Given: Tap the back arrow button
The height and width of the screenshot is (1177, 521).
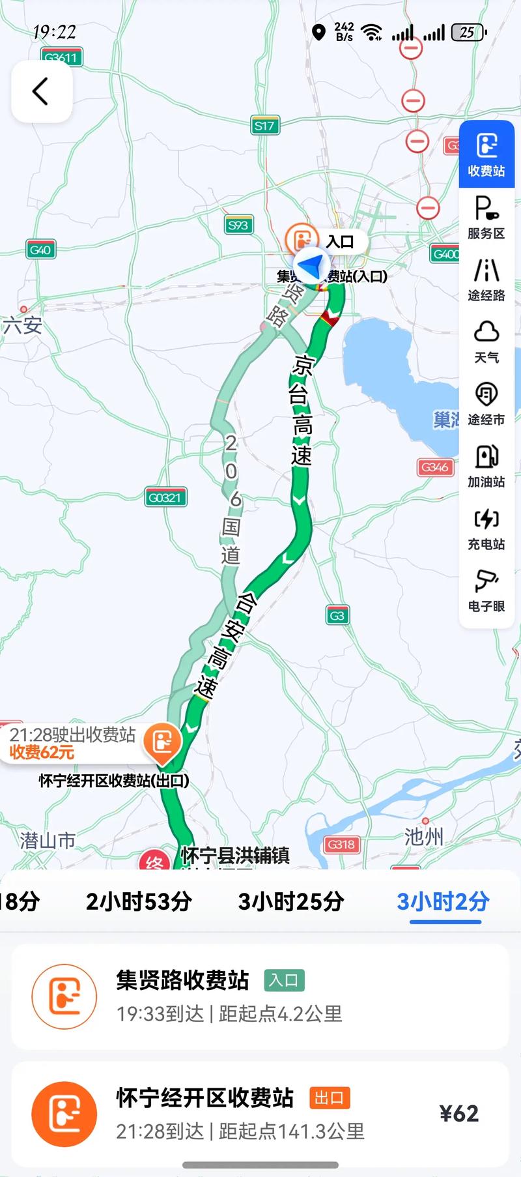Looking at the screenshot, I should click(x=41, y=91).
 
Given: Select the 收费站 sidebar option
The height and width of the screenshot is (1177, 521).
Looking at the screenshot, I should click(x=486, y=154).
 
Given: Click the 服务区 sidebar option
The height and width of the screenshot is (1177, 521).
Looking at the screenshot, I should click(x=486, y=218).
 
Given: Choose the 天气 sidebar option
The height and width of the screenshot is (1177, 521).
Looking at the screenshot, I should click(x=486, y=341).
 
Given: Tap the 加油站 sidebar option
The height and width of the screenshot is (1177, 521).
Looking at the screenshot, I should click(x=486, y=465).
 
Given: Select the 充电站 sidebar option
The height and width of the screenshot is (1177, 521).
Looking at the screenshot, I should click(x=486, y=528).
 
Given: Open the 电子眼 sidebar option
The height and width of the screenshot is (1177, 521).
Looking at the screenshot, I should click(x=486, y=590).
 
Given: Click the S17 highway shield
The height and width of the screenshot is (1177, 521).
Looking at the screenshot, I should click(x=264, y=126).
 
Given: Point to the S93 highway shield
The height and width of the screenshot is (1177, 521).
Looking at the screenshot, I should click(x=238, y=225).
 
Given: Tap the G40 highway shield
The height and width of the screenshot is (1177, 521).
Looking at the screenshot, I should click(x=40, y=250).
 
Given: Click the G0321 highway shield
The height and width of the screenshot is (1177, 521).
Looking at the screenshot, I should click(x=164, y=498).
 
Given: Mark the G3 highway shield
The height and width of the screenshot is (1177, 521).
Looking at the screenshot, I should click(x=337, y=615).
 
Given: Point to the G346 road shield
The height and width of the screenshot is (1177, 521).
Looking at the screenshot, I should click(x=434, y=467).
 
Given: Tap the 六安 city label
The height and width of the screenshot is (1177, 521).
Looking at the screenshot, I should click(x=23, y=325).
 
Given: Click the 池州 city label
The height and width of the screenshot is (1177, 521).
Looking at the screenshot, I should click(x=423, y=836).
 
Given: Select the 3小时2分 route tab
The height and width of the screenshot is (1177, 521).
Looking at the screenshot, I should click(x=444, y=902).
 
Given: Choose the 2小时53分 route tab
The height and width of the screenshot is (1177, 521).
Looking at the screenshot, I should click(x=139, y=902).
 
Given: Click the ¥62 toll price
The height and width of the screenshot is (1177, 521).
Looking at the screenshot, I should click(x=459, y=1113).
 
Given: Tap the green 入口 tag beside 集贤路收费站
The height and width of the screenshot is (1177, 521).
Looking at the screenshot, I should click(x=284, y=980).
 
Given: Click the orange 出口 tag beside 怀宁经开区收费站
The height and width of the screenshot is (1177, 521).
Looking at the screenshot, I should click(x=330, y=1098).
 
